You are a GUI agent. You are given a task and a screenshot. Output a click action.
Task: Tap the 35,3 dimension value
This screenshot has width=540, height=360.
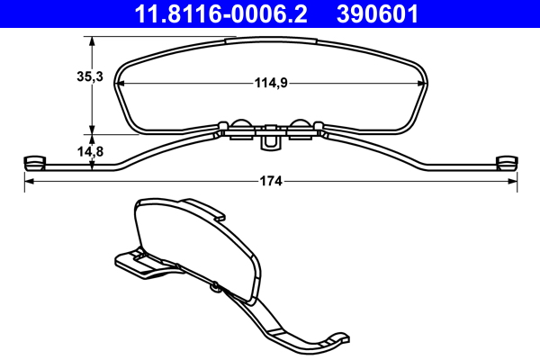89,77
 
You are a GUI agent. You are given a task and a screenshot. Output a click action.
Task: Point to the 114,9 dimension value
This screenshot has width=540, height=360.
270,84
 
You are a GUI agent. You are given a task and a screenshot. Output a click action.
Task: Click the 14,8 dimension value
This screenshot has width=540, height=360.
89,152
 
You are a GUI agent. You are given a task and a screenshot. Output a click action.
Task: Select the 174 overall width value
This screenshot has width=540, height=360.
270,181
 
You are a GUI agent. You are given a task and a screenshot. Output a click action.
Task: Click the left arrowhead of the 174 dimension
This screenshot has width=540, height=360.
27,181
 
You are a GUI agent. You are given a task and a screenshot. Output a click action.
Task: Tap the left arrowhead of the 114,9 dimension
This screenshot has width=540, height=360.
123,84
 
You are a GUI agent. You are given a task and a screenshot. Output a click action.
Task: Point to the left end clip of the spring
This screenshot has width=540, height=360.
33,162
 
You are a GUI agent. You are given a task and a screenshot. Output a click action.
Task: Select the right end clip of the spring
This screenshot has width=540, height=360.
508,162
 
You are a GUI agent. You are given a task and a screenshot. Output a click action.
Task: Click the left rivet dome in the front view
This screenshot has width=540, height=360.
239,126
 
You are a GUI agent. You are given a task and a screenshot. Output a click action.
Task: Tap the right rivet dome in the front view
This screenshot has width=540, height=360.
301,126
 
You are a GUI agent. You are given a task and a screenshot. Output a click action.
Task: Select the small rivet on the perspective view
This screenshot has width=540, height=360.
217,287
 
